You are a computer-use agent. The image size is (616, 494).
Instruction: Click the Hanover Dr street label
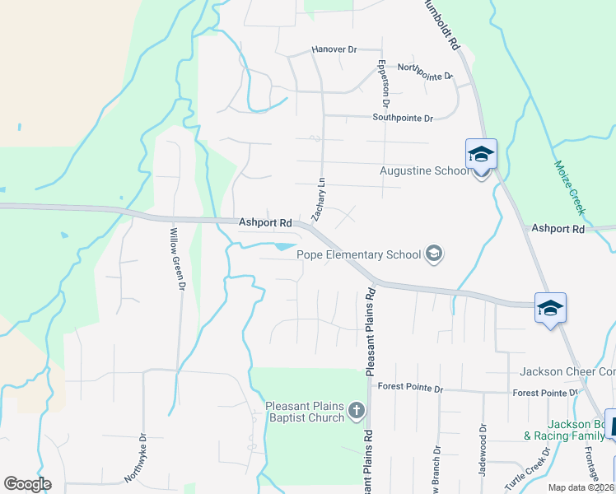pos(334,50)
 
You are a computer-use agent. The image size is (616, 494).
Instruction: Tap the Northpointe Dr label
pos(425,72)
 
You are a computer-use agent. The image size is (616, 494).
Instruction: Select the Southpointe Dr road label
pos(402,119)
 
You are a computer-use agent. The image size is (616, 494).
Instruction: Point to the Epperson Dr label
pos(382,83)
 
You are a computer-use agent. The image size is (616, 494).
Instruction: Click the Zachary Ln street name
pos(321,197)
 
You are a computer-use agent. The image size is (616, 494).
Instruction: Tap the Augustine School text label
pos(423,171)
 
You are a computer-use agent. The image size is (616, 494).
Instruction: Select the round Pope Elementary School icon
pos(434,254)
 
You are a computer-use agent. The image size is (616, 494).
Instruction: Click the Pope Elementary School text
pos(358,254)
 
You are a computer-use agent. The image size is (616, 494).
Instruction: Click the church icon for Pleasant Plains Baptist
pos(357,410)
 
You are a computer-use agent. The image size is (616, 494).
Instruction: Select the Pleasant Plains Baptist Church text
pos(304,412)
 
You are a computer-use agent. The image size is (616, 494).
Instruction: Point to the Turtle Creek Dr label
pos(526,469)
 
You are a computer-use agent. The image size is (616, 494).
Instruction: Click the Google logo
pos(27,484)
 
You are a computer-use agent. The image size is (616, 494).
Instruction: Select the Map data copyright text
pos(581,487)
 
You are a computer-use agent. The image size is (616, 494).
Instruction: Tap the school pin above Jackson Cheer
pos(550,309)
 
